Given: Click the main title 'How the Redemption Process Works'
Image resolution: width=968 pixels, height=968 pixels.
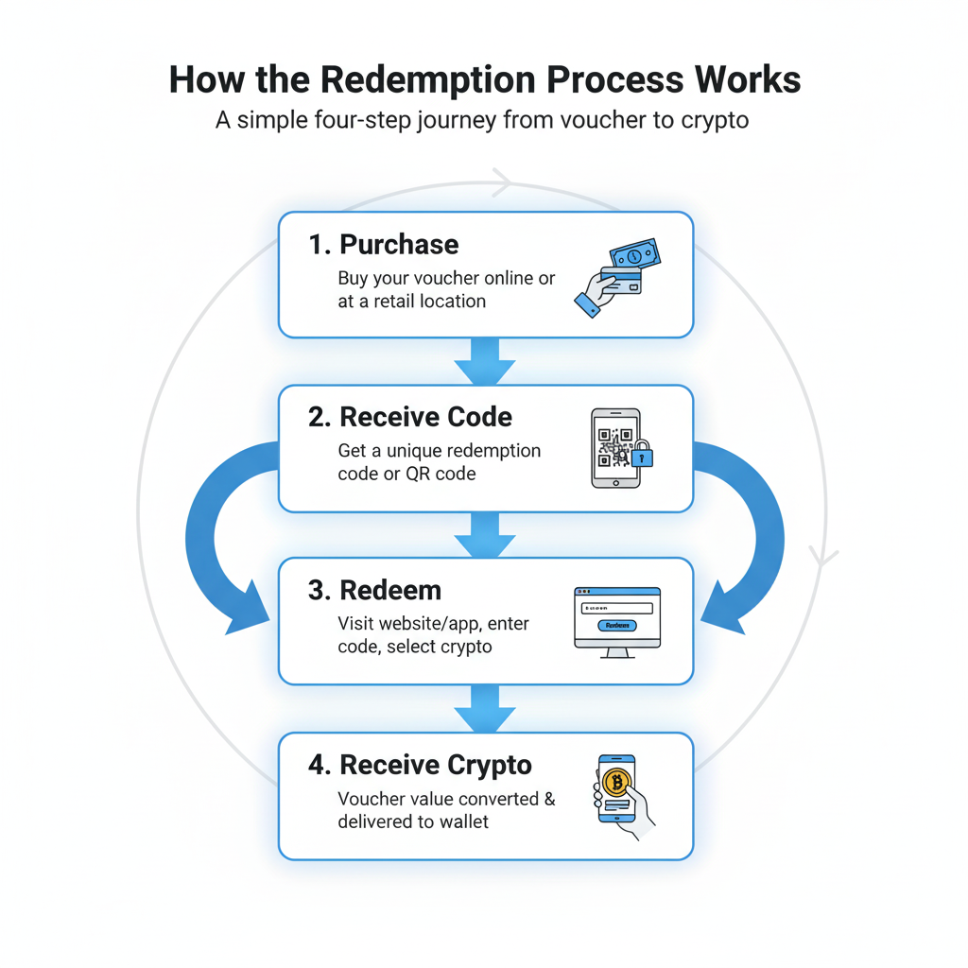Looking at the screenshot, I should pyautogui.click(x=484, y=80).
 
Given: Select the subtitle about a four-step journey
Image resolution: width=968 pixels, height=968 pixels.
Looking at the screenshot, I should pyautogui.click(x=482, y=121).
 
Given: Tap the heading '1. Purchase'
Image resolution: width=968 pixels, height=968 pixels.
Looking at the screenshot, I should pyautogui.click(x=383, y=244).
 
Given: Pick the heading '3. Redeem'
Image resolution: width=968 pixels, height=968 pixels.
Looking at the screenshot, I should pyautogui.click(x=374, y=590).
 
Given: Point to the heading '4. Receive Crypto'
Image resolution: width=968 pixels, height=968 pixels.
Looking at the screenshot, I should pyautogui.click(x=420, y=764).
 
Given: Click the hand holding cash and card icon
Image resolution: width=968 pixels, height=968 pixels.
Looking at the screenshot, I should pyautogui.click(x=615, y=274).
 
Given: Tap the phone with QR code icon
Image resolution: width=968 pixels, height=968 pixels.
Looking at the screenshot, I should pyautogui.click(x=615, y=448).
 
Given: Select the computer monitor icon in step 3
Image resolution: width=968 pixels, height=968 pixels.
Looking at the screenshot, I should pyautogui.click(x=617, y=621).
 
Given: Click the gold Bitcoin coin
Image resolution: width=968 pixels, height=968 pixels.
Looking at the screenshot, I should pyautogui.click(x=616, y=781).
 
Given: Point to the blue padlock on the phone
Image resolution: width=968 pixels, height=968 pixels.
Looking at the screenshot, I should pyautogui.click(x=643, y=457).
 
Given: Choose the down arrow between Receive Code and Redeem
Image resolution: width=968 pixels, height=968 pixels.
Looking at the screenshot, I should pyautogui.click(x=485, y=536).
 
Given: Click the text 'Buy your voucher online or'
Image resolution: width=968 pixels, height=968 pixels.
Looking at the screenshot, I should pyautogui.click(x=446, y=280).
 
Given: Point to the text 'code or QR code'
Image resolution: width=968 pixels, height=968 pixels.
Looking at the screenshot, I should pyautogui.click(x=406, y=474).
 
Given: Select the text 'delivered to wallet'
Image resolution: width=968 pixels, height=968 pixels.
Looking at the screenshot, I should pyautogui.click(x=413, y=821).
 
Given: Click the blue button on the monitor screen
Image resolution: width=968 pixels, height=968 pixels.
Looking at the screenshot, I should pyautogui.click(x=617, y=625).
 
